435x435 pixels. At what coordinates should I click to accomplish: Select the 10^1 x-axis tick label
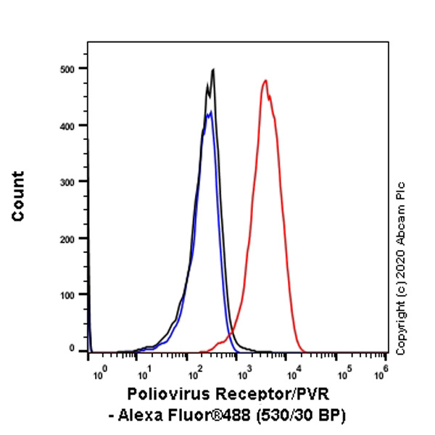coord(144,372)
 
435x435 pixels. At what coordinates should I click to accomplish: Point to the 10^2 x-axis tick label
coord(193,372)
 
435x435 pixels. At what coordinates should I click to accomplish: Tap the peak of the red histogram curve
coord(265,80)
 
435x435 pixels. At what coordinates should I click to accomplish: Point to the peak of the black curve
coord(213,70)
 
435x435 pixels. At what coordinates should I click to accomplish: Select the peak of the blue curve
coord(209,112)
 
